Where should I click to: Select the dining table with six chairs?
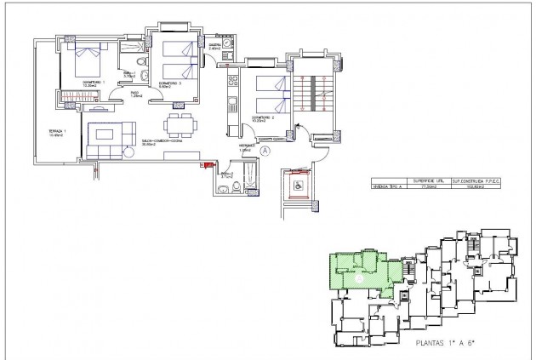(x=178, y=124)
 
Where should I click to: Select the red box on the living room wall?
(x=203, y=165)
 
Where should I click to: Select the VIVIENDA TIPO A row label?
(x=386, y=186)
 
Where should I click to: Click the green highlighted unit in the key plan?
(x=357, y=271)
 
